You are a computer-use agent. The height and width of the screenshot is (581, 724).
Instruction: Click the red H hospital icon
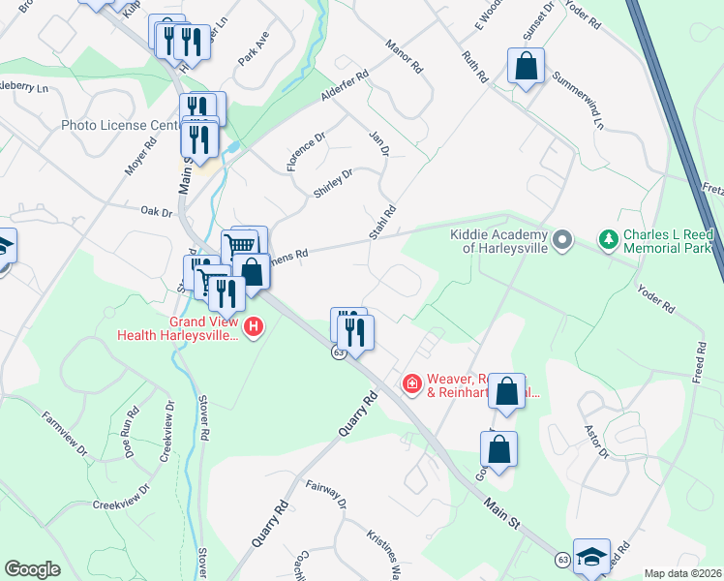pos(254,327)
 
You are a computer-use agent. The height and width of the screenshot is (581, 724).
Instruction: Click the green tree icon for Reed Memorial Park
pos(609,238)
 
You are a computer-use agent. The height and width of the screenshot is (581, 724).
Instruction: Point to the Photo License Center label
pos(121,125)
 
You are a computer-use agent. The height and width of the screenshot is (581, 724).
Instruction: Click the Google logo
pos(33,569)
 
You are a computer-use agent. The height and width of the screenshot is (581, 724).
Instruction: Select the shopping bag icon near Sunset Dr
pos(526,68)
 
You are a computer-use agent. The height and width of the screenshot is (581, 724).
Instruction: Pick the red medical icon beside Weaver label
pos(412,385)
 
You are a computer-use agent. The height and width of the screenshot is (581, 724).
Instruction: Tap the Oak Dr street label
pos(156,211)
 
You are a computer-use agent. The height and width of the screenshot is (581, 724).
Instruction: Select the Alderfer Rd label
pos(346,86)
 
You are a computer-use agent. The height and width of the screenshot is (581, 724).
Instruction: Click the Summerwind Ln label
pos(578,99)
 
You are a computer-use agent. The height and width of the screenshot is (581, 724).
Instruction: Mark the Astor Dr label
pos(594,439)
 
